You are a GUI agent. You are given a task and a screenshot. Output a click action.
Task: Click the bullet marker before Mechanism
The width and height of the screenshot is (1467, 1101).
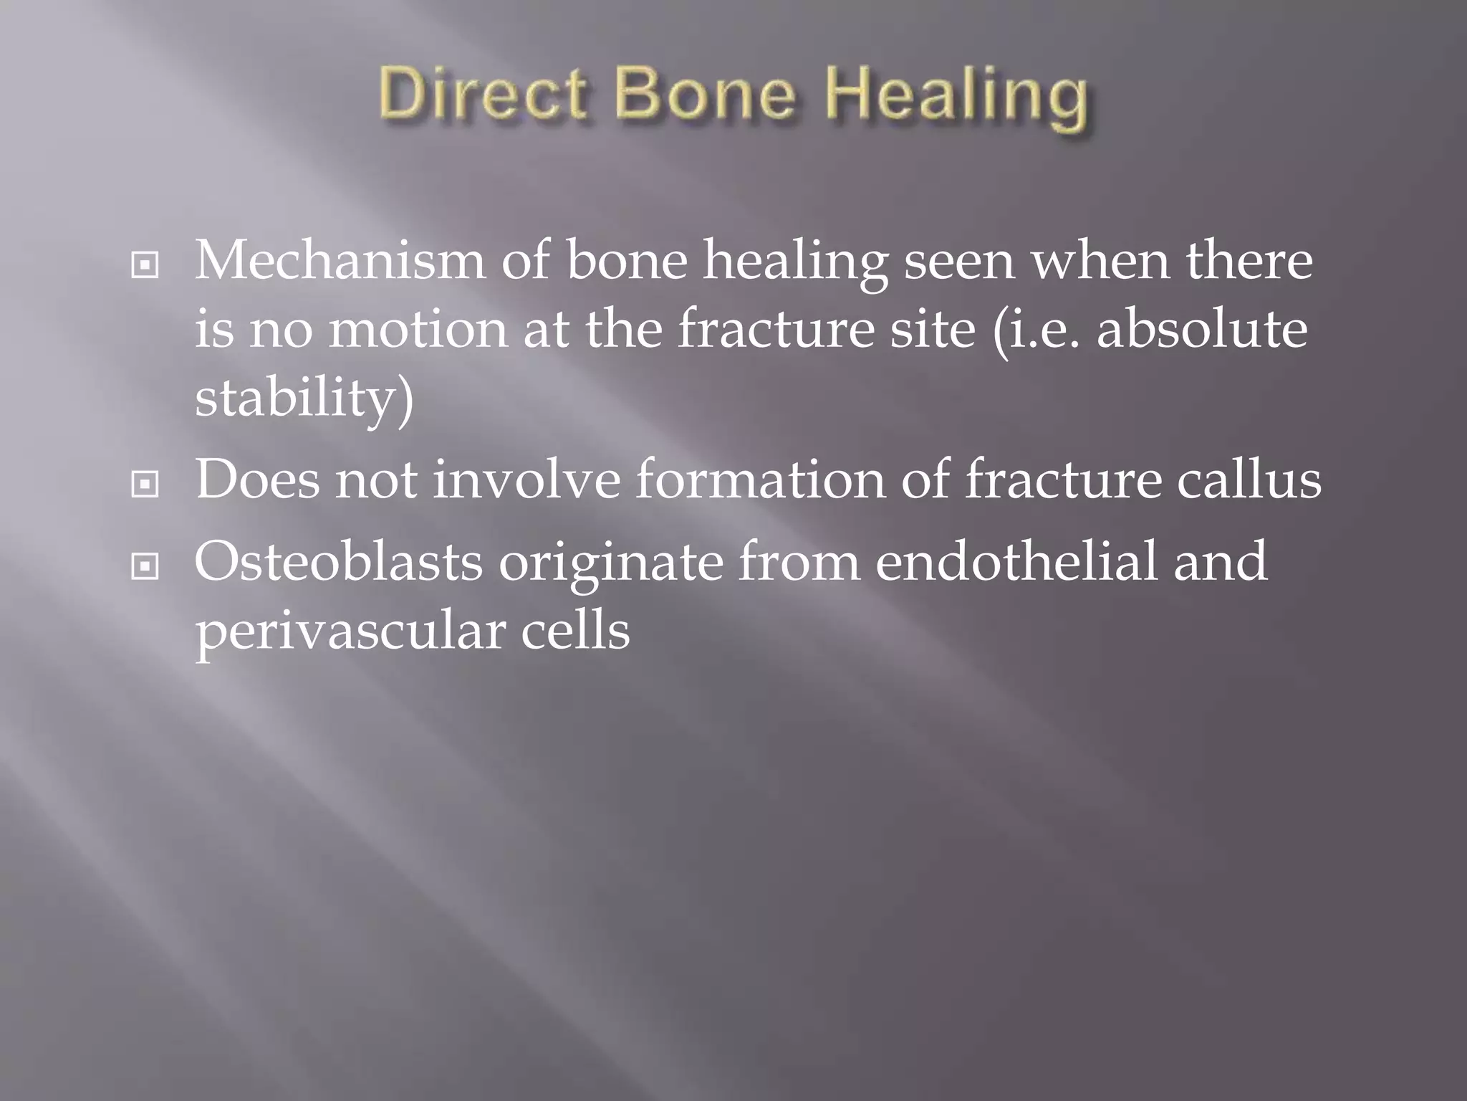(x=145, y=266)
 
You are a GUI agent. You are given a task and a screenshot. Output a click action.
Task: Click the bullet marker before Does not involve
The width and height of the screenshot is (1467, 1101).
(x=145, y=485)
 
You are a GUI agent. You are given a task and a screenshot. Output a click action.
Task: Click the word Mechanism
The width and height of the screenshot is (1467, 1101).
(x=340, y=261)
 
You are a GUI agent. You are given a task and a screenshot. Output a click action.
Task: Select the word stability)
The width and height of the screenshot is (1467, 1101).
(x=304, y=399)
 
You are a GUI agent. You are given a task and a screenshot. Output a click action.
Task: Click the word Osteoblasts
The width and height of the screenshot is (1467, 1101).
(x=339, y=562)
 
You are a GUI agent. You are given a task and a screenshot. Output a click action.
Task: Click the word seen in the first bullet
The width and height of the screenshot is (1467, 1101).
(x=959, y=261)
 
